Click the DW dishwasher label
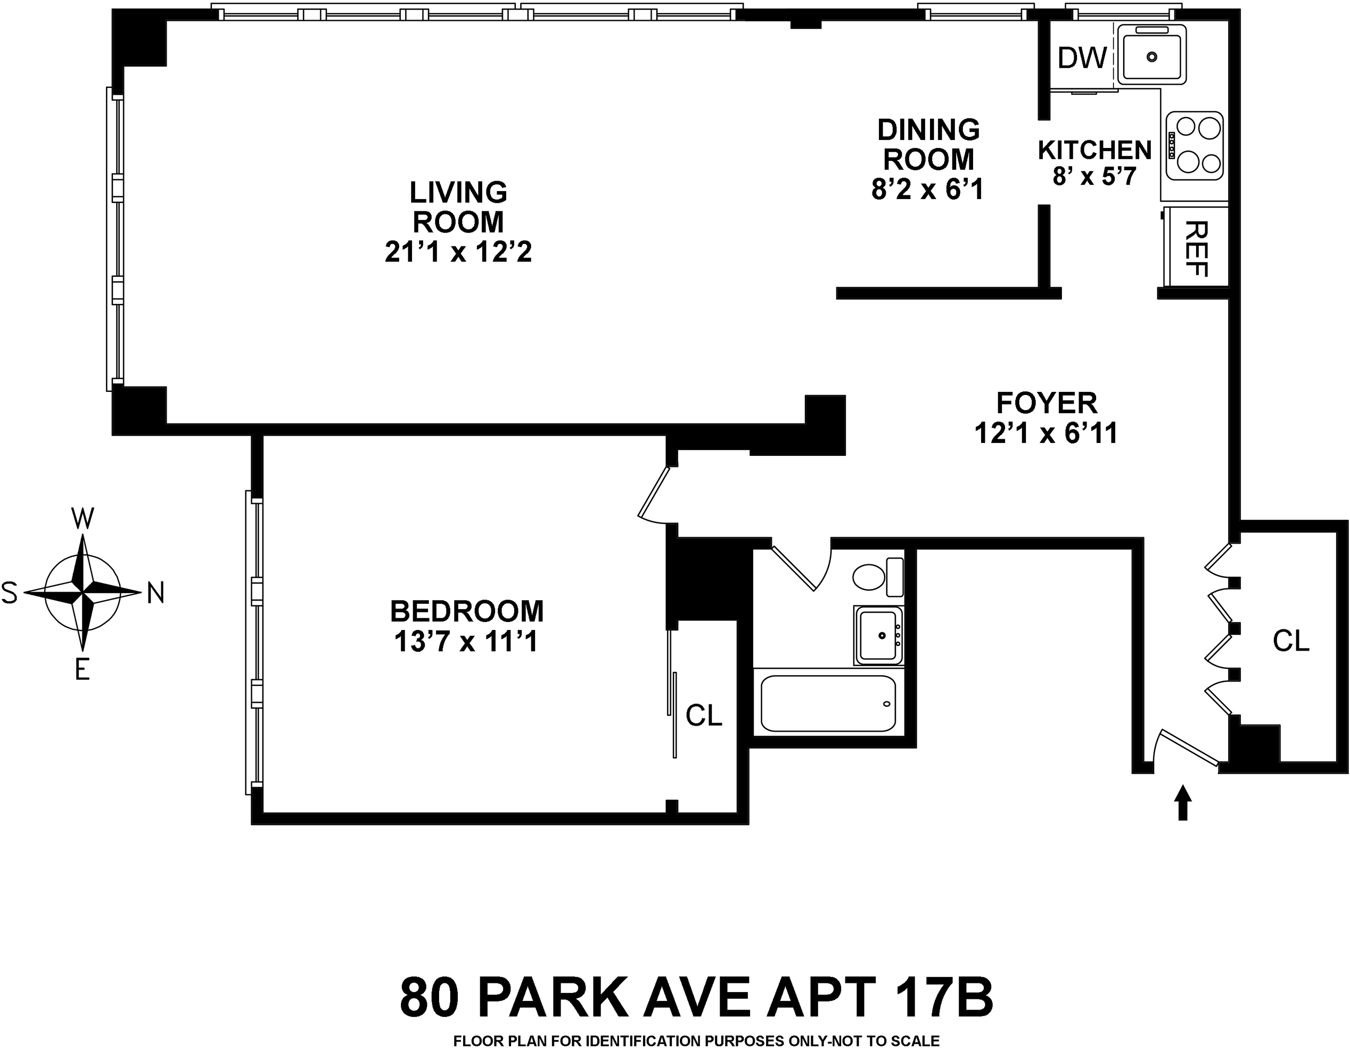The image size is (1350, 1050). pos(1082,58)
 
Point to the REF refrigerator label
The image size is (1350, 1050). pos(1197,249)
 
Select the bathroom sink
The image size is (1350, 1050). pos(878,636)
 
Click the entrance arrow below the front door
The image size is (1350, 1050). pos(1182,802)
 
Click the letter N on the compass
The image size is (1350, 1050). pos(156,594)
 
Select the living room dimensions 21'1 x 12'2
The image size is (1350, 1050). pos(458,252)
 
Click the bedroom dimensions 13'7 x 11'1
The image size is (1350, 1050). pos(466,641)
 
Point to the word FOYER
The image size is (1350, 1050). pos(1047,403)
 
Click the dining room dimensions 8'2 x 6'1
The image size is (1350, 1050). pos(927,189)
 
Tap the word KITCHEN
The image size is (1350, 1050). pos(1094,150)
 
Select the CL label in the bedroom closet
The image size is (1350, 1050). pos(703,716)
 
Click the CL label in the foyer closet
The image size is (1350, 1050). pos(1291,641)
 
